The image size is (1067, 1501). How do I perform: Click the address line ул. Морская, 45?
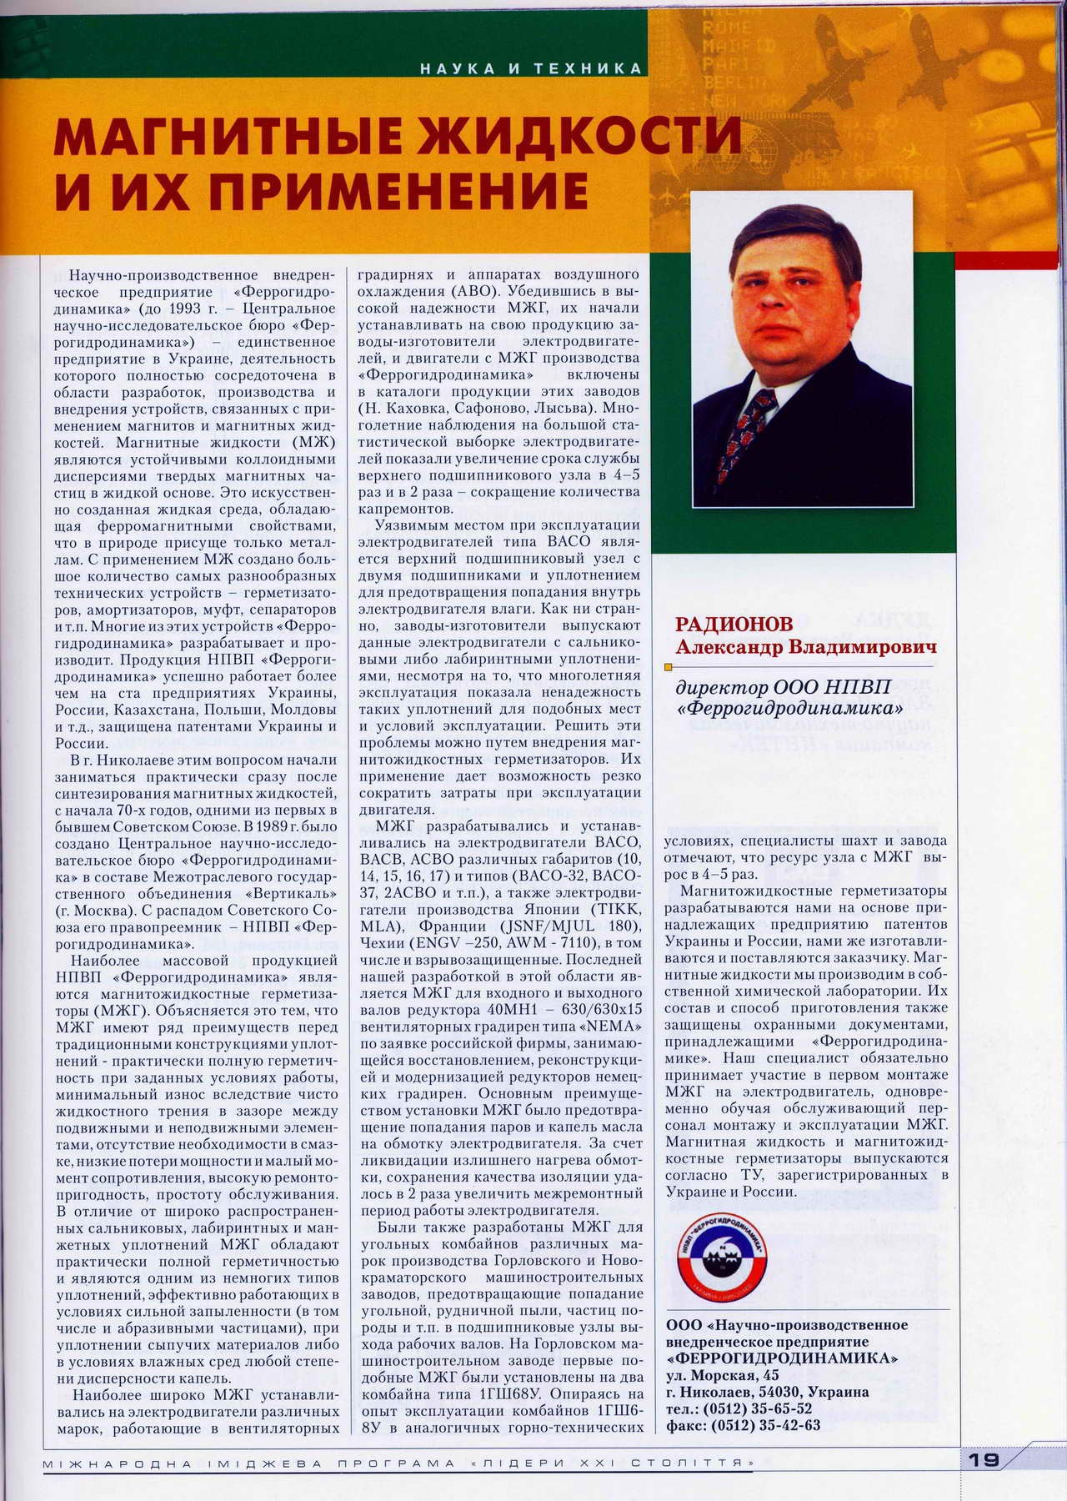[723, 1375]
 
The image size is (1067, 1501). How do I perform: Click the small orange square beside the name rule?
[667, 667]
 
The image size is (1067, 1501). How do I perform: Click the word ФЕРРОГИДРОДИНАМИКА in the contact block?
[782, 1358]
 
